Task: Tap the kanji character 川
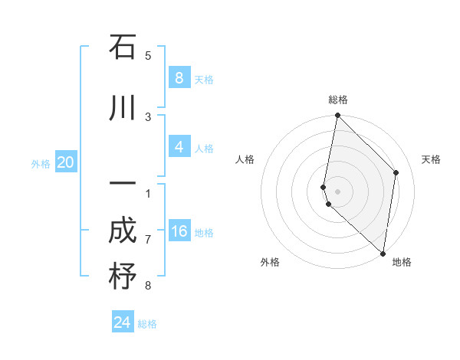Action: pyautogui.click(x=123, y=108)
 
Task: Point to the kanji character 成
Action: pyautogui.click(x=123, y=231)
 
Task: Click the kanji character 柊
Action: pyautogui.click(x=123, y=277)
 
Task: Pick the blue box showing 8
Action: pyautogui.click(x=179, y=77)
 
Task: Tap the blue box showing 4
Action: pyautogui.click(x=179, y=147)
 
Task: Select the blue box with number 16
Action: pyautogui.click(x=179, y=231)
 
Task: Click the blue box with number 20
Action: pyautogui.click(x=66, y=162)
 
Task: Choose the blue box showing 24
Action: pyautogui.click(x=123, y=322)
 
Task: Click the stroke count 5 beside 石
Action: pyautogui.click(x=148, y=55)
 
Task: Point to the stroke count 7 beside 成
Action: pyautogui.click(x=148, y=240)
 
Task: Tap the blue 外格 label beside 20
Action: pyautogui.click(x=41, y=163)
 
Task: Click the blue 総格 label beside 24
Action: pyautogui.click(x=147, y=324)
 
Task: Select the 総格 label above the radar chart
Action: pyautogui.click(x=338, y=100)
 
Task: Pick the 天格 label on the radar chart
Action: pyautogui.click(x=432, y=159)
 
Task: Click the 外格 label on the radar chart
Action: pyautogui.click(x=270, y=263)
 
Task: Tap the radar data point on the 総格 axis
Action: pyautogui.click(x=337, y=116)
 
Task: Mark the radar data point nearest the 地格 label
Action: pyautogui.click(x=383, y=253)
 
